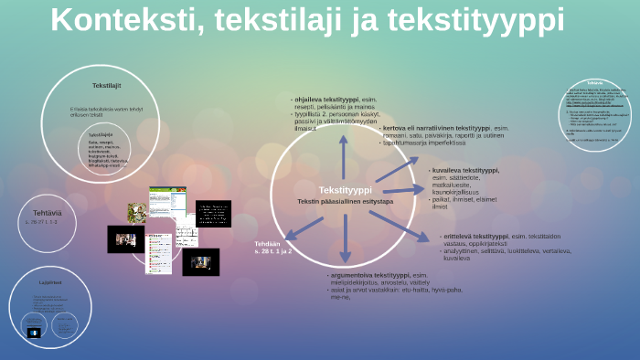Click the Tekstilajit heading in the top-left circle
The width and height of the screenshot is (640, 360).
click(x=106, y=85)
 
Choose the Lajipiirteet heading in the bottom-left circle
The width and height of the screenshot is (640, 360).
click(x=50, y=282)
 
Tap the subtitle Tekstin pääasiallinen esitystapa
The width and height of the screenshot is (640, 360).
click(x=345, y=201)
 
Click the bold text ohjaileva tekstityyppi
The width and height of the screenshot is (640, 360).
click(x=326, y=99)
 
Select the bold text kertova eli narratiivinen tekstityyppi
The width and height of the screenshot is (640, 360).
click(x=435, y=128)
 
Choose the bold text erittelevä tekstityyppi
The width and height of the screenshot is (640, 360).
click(x=475, y=236)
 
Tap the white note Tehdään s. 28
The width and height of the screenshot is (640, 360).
click(x=272, y=247)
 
